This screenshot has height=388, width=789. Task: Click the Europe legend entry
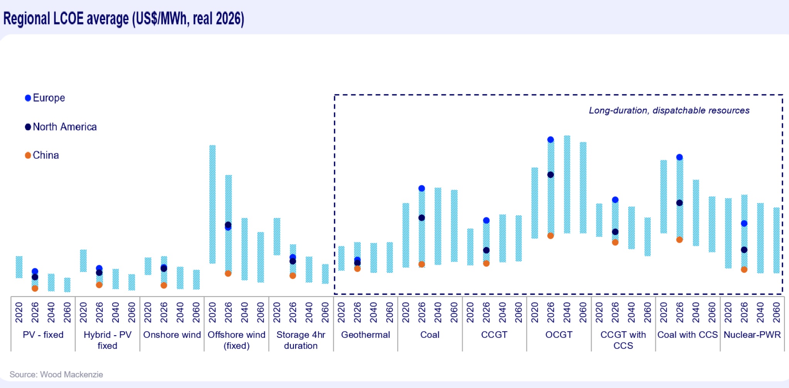coord(45,98)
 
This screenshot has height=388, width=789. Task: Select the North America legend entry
coord(61,127)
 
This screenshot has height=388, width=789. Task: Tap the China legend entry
coord(42,155)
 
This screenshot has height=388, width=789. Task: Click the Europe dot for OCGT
coord(550,139)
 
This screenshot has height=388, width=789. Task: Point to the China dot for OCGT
coord(550,235)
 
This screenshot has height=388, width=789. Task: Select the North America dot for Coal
coord(422,218)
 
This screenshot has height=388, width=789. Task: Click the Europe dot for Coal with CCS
coord(680,157)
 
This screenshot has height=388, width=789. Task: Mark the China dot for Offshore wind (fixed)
coord(228,274)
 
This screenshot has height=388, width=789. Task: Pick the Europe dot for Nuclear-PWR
coord(744,223)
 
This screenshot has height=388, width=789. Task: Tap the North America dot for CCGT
coord(486,250)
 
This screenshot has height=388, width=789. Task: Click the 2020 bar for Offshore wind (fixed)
coord(212,204)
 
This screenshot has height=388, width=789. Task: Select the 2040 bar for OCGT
coord(567,184)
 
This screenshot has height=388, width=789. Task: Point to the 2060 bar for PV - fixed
coord(67,285)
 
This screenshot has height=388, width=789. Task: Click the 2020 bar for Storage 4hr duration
coord(277,237)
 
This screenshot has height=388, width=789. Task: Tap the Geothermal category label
coord(365,335)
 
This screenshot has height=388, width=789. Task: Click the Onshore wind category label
coord(172,335)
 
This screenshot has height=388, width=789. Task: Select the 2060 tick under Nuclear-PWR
coord(776,312)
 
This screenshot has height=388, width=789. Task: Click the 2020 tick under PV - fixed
coord(19,312)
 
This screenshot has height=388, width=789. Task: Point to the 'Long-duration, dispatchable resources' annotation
coord(669,111)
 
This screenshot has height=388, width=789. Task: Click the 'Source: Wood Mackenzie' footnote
coord(56,375)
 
